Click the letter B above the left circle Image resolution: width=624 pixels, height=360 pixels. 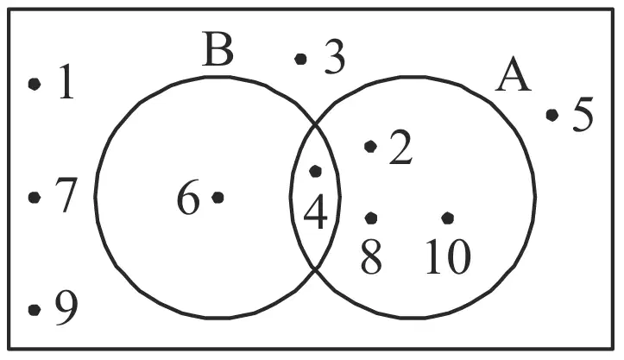click(x=217, y=49)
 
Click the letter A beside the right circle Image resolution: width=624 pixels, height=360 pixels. click(x=514, y=75)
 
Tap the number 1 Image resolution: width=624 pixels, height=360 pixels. click(x=66, y=82)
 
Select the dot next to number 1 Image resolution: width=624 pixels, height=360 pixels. click(x=35, y=84)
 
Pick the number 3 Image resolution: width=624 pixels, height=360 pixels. click(x=335, y=57)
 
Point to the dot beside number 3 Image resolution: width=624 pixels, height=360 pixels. click(x=300, y=60)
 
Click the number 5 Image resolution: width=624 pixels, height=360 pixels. click(x=583, y=114)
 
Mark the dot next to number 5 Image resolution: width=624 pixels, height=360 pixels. click(x=552, y=115)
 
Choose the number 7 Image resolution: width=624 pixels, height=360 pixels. click(x=66, y=195)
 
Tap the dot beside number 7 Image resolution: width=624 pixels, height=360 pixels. click(x=35, y=197)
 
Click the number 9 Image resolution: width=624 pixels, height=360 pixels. click(x=66, y=308)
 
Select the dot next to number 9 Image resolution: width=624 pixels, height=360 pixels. click(x=35, y=309)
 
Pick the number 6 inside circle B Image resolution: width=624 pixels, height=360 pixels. click(x=188, y=198)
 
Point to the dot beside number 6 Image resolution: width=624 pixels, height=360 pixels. click(x=217, y=197)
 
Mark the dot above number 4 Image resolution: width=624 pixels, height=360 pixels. click(x=316, y=171)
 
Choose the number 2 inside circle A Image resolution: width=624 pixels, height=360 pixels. click(x=400, y=147)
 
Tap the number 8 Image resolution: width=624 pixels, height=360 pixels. click(x=371, y=257)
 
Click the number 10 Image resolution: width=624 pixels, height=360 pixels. click(x=449, y=257)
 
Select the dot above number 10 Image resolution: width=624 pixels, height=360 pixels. click(x=448, y=218)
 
